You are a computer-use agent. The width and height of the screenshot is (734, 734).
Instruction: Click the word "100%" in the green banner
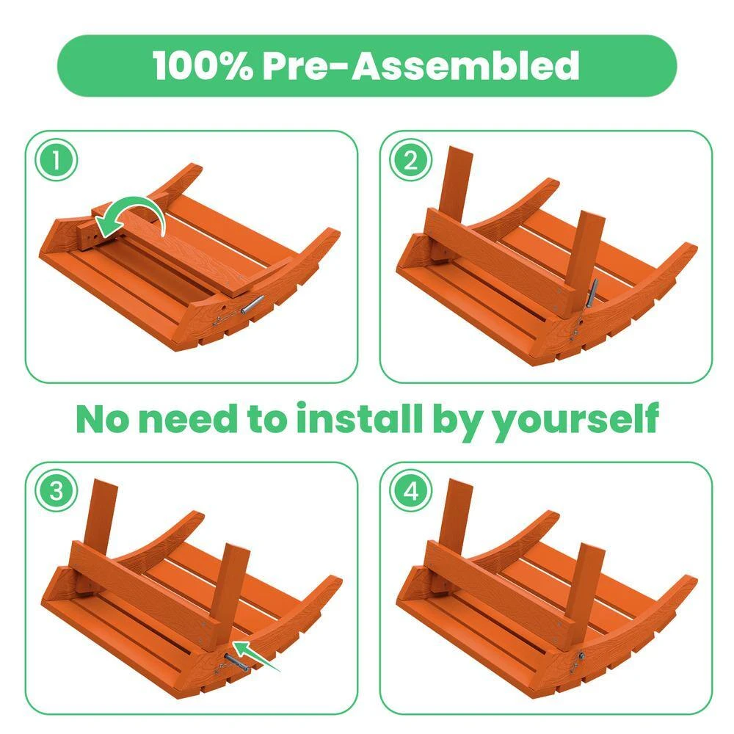[203, 65]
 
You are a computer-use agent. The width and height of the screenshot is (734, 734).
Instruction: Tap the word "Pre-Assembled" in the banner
[421, 65]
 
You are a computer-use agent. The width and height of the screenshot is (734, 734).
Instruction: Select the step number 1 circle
[57, 160]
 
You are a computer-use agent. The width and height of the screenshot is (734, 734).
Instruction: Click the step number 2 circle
[410, 160]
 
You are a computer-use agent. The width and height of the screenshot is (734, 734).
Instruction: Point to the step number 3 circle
[57, 491]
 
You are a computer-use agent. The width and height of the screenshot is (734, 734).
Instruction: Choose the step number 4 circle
[410, 491]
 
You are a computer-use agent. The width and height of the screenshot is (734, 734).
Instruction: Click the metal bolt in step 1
[252, 305]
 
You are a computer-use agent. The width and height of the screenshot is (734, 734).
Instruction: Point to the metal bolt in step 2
[592, 294]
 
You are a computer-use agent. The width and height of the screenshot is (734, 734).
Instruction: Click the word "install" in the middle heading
[359, 418]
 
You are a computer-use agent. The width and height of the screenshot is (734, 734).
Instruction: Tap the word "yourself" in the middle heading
[577, 421]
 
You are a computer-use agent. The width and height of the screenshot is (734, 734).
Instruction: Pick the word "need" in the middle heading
[188, 418]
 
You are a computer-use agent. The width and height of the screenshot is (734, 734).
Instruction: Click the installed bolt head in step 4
[581, 656]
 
